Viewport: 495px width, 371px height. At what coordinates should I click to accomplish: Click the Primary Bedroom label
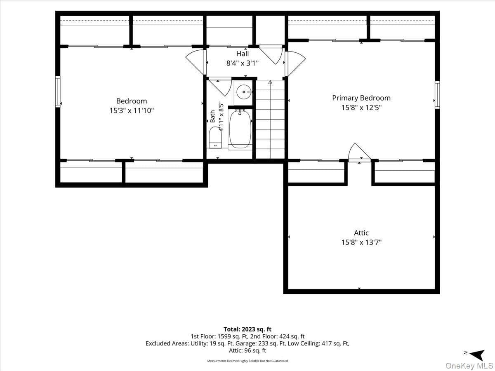click(x=361, y=98)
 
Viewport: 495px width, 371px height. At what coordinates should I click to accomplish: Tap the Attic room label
click(x=361, y=232)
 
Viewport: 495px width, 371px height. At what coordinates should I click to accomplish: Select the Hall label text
click(x=243, y=54)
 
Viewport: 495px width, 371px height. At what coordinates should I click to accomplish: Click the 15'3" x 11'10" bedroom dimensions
click(x=132, y=110)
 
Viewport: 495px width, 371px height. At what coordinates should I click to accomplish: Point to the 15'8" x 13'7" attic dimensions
click(x=361, y=242)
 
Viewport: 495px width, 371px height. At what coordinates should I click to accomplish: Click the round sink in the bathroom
click(x=244, y=92)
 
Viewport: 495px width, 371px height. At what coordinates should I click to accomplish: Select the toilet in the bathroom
click(x=215, y=137)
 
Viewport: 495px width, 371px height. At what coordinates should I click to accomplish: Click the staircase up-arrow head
click(x=270, y=82)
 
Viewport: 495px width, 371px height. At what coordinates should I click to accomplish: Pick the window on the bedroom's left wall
click(x=58, y=92)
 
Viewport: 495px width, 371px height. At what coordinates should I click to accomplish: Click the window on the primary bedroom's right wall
click(x=437, y=95)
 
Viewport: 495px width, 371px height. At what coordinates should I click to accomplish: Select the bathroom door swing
click(x=220, y=87)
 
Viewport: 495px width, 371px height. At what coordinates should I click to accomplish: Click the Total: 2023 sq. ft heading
click(x=247, y=329)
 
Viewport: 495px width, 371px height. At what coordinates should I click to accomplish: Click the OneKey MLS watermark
click(x=469, y=365)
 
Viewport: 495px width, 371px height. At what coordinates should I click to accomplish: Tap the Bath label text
click(x=212, y=116)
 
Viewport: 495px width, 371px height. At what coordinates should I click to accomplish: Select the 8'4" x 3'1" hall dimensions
click(x=243, y=63)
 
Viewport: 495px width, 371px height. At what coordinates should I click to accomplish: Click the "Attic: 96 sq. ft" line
click(x=247, y=350)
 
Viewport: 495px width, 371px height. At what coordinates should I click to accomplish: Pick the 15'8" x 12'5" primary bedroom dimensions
click(x=361, y=108)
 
